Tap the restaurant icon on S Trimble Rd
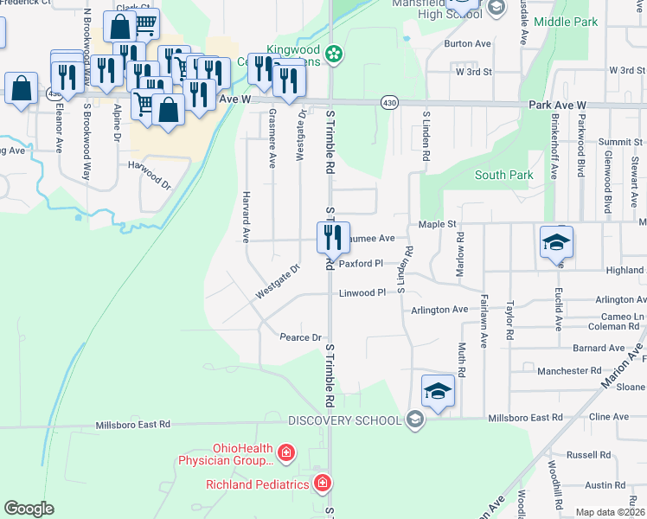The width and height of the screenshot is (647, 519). [x=332, y=236]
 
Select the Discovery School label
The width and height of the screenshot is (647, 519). [x=344, y=420]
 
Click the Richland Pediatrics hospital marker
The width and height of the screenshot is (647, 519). [x=322, y=483]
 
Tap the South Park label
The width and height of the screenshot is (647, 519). [x=503, y=175]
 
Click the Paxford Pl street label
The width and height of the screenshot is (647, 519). [x=361, y=264]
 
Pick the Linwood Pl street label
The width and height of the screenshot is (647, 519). [x=362, y=293]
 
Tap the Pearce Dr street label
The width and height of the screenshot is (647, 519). [x=301, y=336]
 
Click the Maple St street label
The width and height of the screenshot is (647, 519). [x=437, y=225]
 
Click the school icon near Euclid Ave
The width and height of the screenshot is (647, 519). [x=556, y=242]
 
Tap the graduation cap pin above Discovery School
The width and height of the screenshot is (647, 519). [x=438, y=392]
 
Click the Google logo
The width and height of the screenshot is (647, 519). [x=29, y=509]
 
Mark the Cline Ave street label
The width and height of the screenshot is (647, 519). [x=609, y=416]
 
